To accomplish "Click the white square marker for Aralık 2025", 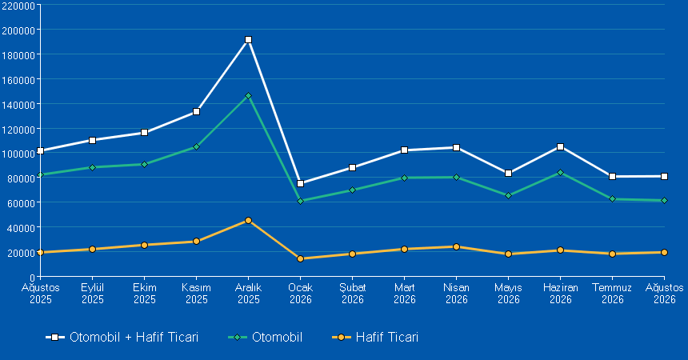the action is [248, 40].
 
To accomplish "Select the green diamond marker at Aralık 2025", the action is [248, 96].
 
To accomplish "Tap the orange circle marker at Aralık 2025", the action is [248, 220].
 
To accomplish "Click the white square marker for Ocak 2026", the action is [301, 183].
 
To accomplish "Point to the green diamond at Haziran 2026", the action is [560, 173].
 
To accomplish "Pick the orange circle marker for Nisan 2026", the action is [456, 246].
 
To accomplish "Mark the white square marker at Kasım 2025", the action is [197, 112].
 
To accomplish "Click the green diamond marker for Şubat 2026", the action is [352, 190].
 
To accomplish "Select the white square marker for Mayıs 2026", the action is [509, 174].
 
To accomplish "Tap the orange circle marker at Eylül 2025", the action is [93, 249].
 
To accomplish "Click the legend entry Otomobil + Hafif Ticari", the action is [122, 337].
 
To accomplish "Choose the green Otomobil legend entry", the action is [265, 337].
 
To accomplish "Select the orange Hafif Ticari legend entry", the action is [375, 337].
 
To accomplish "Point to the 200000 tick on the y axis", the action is [18, 30].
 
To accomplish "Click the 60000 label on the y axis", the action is [21, 203].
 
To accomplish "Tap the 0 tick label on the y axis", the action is [32, 278].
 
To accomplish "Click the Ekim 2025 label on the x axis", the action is [145, 294].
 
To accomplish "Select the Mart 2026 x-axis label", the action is [405, 294].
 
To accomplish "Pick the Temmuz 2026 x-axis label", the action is [612, 294].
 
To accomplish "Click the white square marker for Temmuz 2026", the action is [613, 177].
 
